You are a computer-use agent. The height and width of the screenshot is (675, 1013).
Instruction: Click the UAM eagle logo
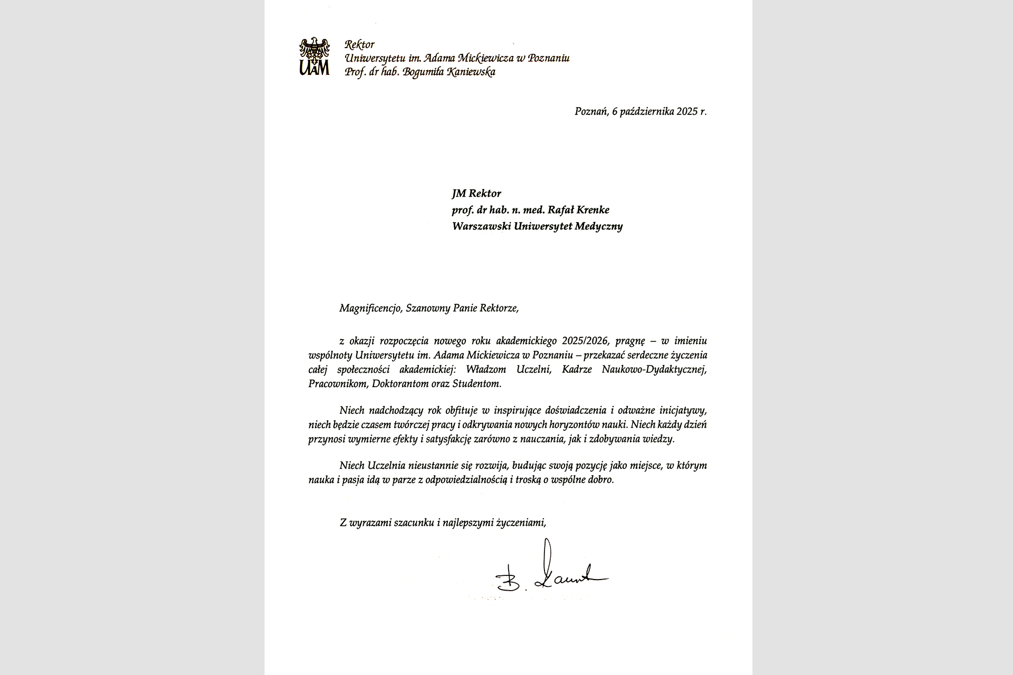(x=314, y=56)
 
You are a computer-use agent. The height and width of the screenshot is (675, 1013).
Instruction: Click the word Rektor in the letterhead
(x=359, y=45)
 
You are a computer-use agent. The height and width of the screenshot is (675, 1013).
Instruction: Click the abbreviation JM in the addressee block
(x=458, y=194)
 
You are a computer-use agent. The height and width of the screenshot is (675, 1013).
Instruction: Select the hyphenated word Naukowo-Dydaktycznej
(x=654, y=369)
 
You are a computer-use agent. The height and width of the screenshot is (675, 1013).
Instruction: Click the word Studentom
(x=477, y=384)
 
